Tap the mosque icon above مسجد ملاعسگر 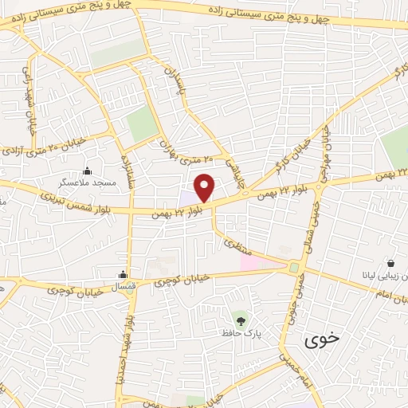[x=88, y=171]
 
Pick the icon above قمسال [x=123, y=272]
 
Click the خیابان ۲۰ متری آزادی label [x=53, y=147]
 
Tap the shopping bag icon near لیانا [x=391, y=263]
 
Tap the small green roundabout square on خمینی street [x=294, y=268]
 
